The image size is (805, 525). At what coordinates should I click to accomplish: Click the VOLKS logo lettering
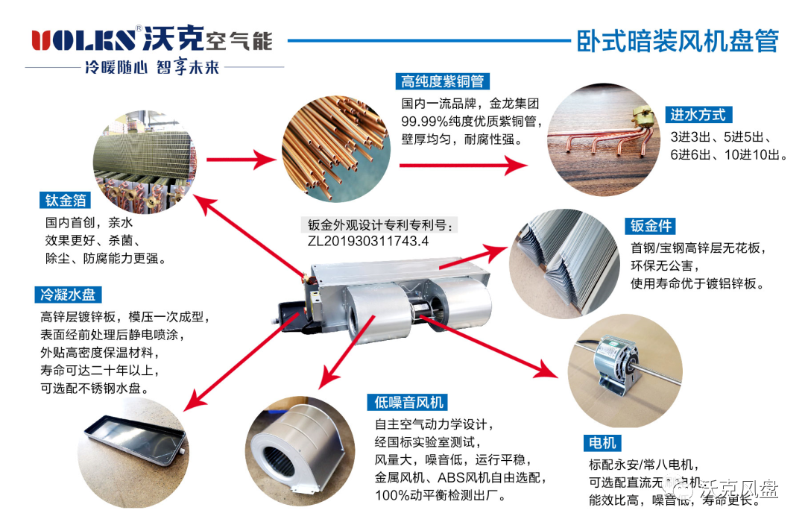(83, 40)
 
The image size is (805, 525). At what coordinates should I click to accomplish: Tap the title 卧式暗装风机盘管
(677, 40)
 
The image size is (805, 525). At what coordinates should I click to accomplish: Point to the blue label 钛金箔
(66, 200)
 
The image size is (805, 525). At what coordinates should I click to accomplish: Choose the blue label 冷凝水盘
(68, 295)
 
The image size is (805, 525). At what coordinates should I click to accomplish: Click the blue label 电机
(603, 443)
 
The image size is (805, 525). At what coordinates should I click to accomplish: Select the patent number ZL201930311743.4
(368, 241)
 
